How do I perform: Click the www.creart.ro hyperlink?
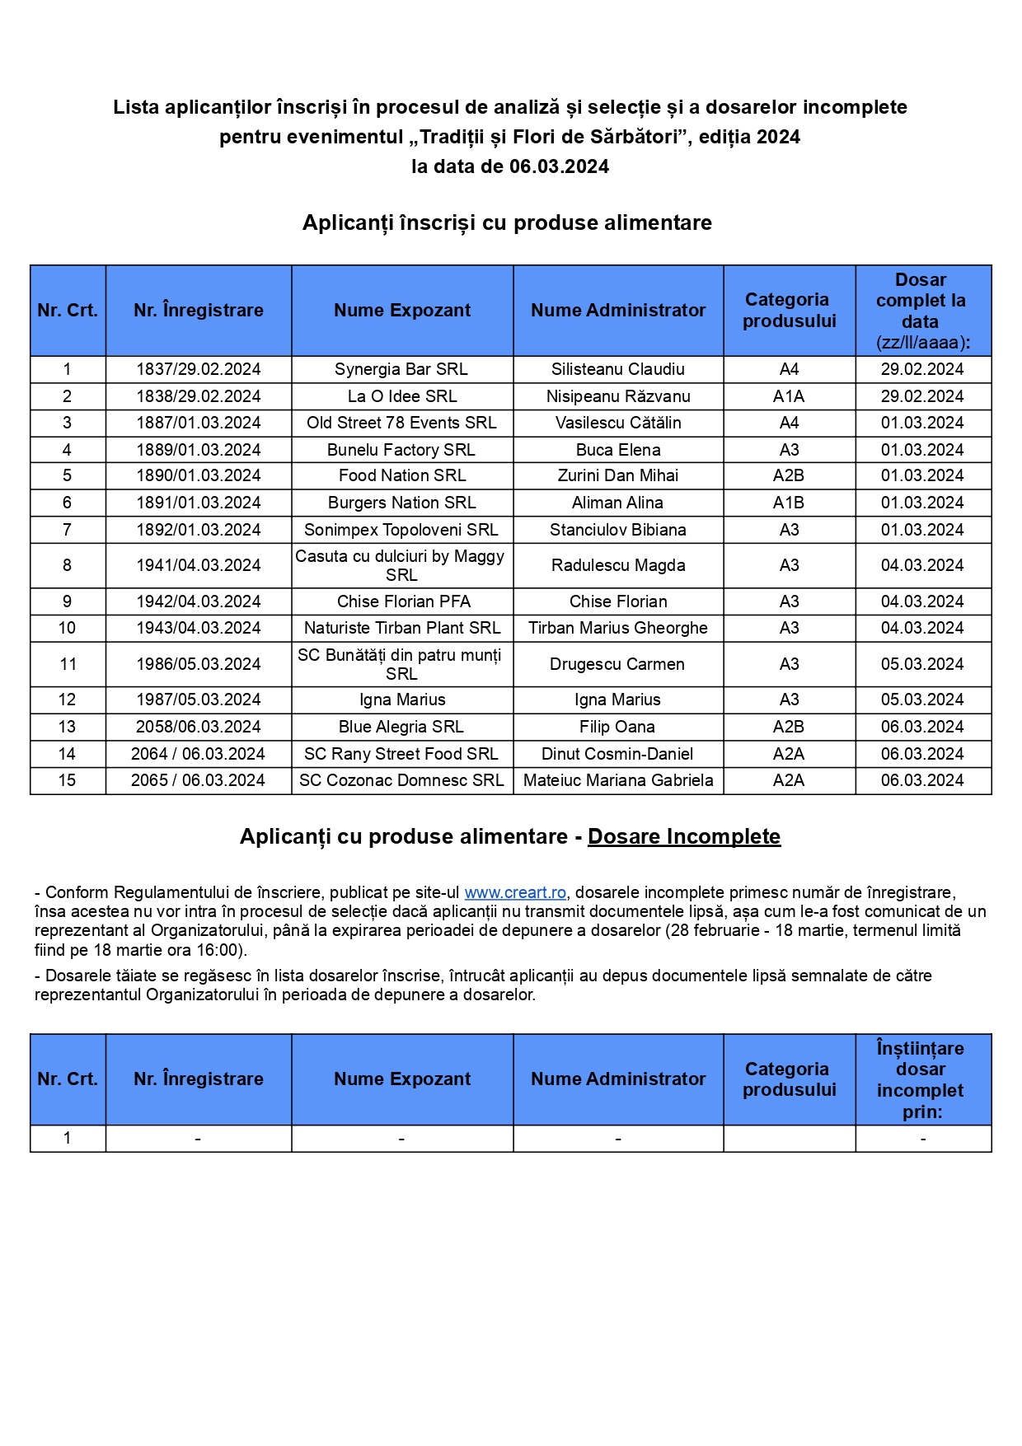[515, 892]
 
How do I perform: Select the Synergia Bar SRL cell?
[401, 369]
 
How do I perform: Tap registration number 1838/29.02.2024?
[199, 396]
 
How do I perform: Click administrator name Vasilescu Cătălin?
[618, 423]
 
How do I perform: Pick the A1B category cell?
[789, 503]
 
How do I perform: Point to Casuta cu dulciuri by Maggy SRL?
[401, 565]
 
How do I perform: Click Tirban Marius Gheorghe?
[618, 628]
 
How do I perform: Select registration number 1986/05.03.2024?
[199, 664]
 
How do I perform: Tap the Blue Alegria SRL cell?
[401, 727]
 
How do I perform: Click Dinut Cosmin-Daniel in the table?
[617, 754]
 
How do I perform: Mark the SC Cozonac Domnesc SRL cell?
[401, 780]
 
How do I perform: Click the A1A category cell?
[789, 396]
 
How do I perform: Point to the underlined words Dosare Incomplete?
[683, 836]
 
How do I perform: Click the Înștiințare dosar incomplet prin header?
[921, 1079]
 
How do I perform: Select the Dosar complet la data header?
[921, 311]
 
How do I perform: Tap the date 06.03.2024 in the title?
[559, 166]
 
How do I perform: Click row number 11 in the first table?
[68, 664]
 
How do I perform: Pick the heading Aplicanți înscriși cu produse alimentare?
[507, 222]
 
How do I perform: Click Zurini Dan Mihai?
[618, 475]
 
